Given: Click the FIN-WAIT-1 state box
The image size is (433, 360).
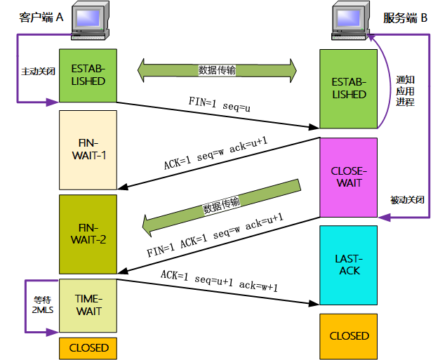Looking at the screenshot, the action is click(x=88, y=150).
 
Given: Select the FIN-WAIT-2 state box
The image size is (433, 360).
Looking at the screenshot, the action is click(x=88, y=234).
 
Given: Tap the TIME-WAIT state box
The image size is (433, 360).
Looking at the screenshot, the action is click(x=88, y=305).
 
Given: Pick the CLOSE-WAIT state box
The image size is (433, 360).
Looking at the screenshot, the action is click(x=349, y=178).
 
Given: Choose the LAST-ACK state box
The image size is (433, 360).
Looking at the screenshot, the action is click(x=349, y=265).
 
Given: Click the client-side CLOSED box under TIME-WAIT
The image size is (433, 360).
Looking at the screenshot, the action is click(x=88, y=348).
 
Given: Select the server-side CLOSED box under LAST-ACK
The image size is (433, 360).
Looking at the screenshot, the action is click(x=349, y=336).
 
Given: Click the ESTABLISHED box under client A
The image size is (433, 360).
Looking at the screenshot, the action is click(x=88, y=76).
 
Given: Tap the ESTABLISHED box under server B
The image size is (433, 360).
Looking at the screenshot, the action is click(x=349, y=89).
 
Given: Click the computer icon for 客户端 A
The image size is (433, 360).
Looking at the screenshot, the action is click(x=90, y=20).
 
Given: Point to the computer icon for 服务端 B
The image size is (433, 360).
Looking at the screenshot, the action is click(x=351, y=20).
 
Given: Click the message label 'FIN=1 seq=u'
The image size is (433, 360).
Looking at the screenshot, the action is click(x=219, y=105).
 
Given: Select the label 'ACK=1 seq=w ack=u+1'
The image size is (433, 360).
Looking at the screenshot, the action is click(x=215, y=153).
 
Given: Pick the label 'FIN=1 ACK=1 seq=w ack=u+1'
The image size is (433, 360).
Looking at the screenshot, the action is click(x=215, y=235).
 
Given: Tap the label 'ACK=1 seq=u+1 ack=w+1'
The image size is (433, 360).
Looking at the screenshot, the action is click(x=219, y=281).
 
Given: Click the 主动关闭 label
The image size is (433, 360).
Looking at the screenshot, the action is click(x=39, y=71).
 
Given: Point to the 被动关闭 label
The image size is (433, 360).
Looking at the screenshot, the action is click(x=407, y=199).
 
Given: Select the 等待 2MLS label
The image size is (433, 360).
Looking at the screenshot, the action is click(x=43, y=305).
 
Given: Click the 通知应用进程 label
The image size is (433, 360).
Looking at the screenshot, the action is click(x=405, y=91).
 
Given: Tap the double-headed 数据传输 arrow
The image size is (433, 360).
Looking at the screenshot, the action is click(x=217, y=70).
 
